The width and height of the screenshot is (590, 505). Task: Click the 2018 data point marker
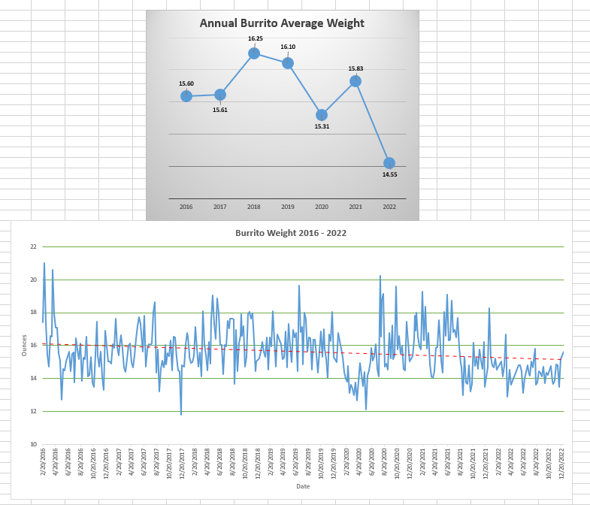click(x=254, y=53)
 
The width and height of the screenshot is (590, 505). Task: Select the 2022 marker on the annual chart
click(x=389, y=163)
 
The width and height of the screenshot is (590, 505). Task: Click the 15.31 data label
click(x=322, y=126)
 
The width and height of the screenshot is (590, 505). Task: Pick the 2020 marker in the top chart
click(x=322, y=115)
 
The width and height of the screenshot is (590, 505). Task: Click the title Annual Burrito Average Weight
click(x=282, y=23)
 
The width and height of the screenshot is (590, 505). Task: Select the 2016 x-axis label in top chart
click(x=186, y=206)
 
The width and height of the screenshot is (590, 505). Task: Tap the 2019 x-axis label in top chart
click(x=288, y=206)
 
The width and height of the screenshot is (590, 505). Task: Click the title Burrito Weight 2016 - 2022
click(x=291, y=233)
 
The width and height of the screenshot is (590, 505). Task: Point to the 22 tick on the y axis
click(x=33, y=246)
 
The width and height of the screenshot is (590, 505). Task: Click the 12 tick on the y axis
click(x=33, y=411)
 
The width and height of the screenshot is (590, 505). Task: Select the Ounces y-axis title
click(x=24, y=346)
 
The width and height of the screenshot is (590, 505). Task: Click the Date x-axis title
click(x=303, y=486)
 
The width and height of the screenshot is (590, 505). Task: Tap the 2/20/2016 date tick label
click(x=43, y=461)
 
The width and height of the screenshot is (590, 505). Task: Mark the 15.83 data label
click(x=356, y=69)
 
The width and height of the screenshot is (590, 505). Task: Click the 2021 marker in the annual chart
click(x=356, y=81)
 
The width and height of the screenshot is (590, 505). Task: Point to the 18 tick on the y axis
click(x=33, y=313)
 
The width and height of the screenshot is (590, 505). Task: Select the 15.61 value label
click(x=220, y=110)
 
